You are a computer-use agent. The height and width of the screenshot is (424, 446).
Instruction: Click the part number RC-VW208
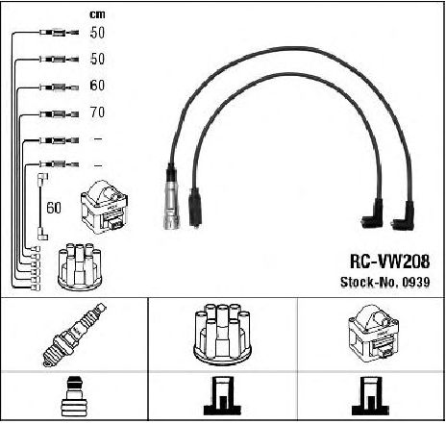[x=389, y=262]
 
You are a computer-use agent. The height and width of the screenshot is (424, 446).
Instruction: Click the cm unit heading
[x=97, y=14]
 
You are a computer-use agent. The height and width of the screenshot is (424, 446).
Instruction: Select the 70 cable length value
[x=97, y=112]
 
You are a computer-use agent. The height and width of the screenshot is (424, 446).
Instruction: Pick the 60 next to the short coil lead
[x=54, y=208]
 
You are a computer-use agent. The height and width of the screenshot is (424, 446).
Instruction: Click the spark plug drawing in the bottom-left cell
[x=74, y=335]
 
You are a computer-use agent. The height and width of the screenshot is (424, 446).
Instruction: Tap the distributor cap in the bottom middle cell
[x=222, y=334]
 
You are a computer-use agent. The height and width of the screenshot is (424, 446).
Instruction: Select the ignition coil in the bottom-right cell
[x=374, y=334]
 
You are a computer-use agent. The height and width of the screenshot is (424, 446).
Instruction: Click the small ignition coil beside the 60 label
[x=105, y=207]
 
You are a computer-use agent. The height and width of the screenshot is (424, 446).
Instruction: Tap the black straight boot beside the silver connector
[x=195, y=208]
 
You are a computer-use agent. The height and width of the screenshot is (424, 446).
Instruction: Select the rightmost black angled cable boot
[x=405, y=218]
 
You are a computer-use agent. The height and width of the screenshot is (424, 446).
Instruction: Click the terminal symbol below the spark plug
[x=73, y=397]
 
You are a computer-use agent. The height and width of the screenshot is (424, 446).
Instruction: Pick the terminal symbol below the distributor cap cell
[x=222, y=396]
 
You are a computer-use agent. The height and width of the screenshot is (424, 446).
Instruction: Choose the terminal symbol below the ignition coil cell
[x=370, y=396]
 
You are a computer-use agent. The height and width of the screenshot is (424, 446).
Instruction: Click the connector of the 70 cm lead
[x=59, y=113]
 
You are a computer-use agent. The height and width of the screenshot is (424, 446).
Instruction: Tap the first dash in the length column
[x=97, y=138]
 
